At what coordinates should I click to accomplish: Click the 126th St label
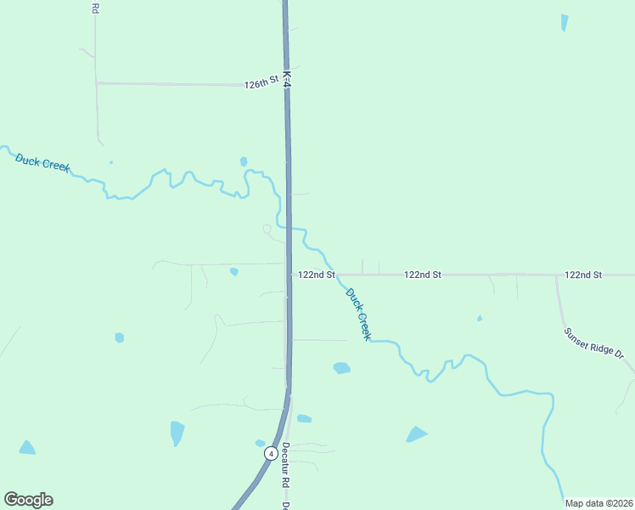(261, 83)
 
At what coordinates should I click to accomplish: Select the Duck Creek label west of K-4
(42, 161)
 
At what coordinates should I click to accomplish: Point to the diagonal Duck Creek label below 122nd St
(358, 314)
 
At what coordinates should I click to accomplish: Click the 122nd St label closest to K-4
(317, 275)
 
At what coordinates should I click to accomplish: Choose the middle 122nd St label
(423, 275)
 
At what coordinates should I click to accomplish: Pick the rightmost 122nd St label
(583, 275)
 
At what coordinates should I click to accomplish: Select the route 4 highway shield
(270, 453)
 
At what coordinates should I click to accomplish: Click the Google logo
(28, 500)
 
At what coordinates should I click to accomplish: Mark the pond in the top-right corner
(565, 23)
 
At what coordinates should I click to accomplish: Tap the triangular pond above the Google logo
(27, 447)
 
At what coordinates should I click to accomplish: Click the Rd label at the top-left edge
(94, 8)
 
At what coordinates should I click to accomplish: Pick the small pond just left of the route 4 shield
(260, 443)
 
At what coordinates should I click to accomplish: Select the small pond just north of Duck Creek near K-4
(244, 161)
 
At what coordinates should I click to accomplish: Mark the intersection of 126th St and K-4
(287, 85)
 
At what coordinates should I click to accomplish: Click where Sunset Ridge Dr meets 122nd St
(557, 275)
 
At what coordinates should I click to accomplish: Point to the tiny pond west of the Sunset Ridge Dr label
(480, 319)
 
